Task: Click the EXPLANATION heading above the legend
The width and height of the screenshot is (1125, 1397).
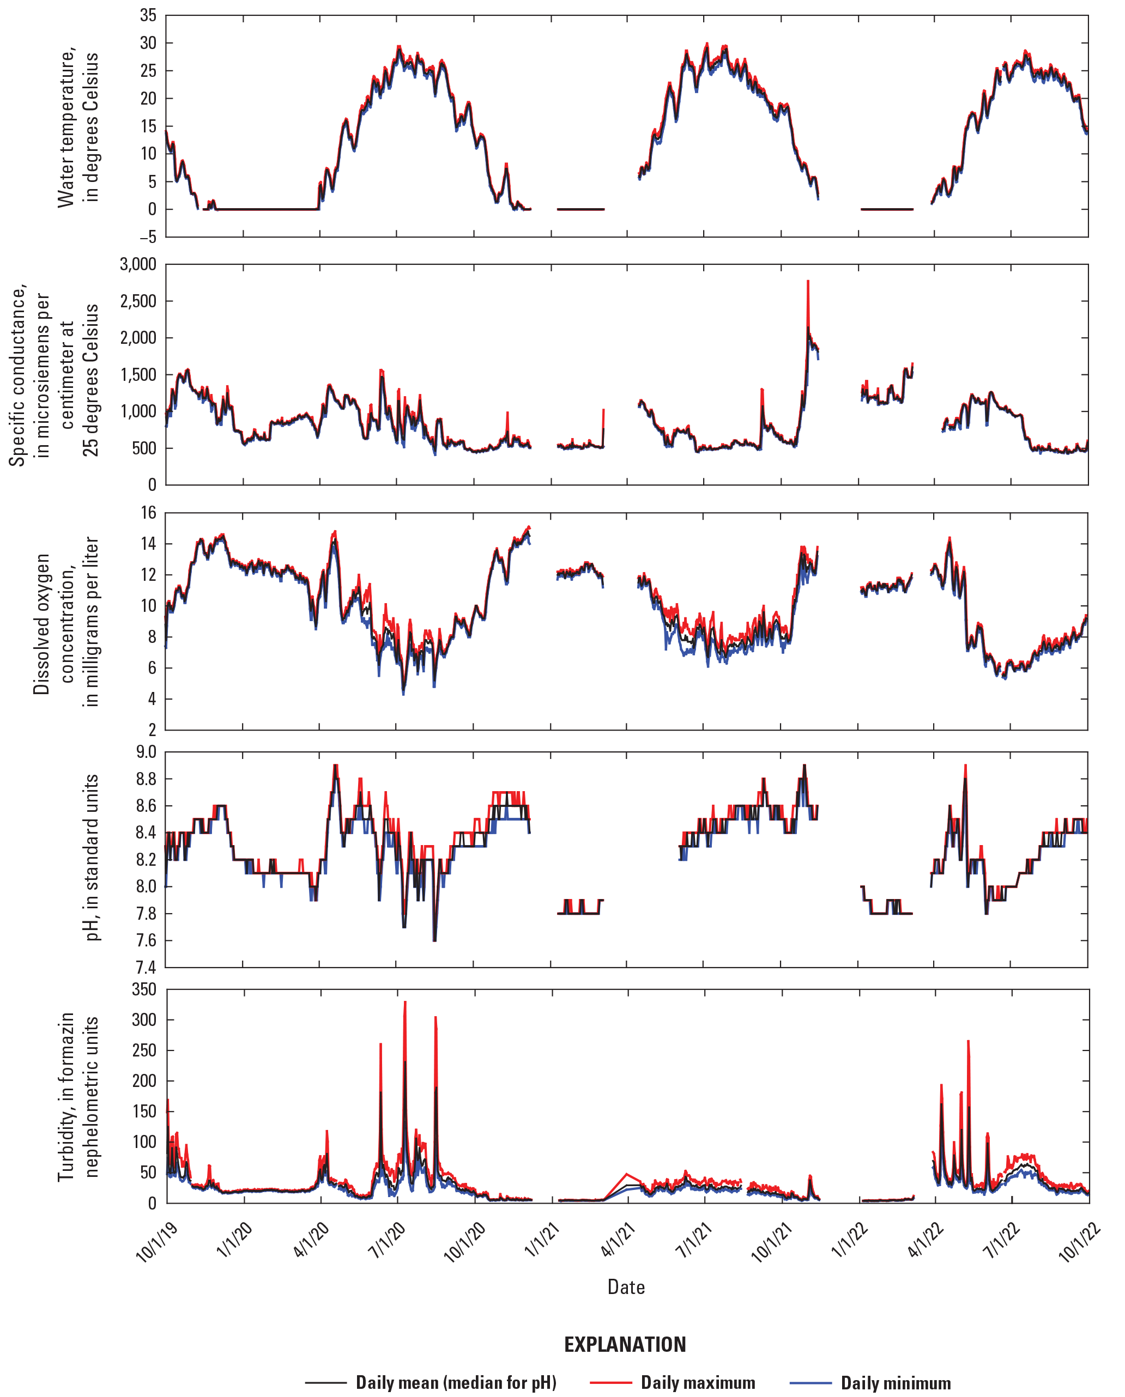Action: pos(625,1345)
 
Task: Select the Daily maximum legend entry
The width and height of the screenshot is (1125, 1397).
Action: pos(697,1383)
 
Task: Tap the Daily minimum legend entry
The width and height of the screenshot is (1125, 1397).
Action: pos(895,1383)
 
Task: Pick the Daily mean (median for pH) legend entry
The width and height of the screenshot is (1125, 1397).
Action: pos(456,1383)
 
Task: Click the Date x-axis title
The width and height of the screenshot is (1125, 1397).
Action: pos(626,1287)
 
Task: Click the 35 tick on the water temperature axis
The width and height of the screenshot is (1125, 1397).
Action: pos(148,16)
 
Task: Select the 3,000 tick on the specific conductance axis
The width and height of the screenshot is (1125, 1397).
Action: pos(138,264)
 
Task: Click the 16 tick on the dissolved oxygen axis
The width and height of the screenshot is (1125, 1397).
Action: pos(148,513)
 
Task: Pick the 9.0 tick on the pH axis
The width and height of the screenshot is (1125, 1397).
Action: pos(146,752)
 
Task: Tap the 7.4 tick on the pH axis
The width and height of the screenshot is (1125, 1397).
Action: pos(146,968)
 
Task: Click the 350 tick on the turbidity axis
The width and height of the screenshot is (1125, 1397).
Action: pos(144,989)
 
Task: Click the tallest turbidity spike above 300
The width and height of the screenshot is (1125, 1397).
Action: pos(405,1003)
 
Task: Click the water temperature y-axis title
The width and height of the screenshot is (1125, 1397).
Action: pos(78,127)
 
